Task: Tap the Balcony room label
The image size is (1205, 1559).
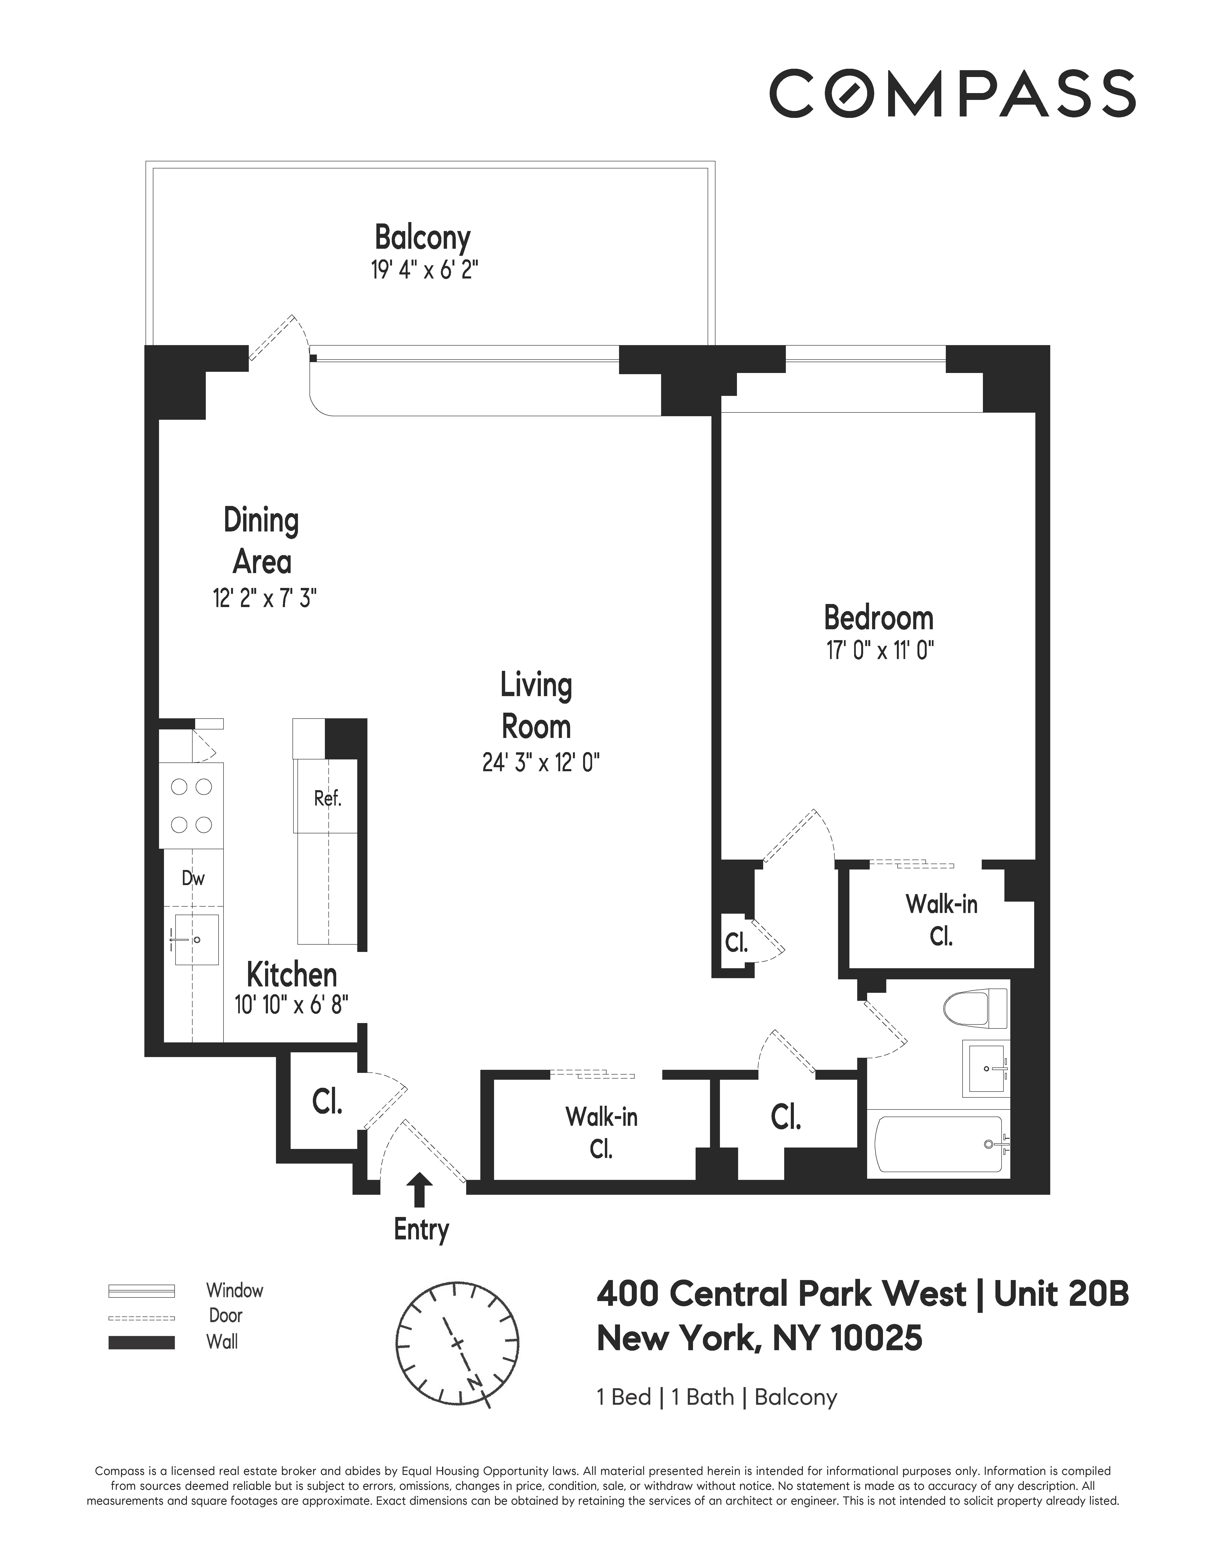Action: tap(423, 238)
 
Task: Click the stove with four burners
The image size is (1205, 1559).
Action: tap(191, 805)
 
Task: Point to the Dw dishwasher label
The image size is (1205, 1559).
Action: tap(193, 878)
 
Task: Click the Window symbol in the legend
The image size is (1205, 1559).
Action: tap(141, 1291)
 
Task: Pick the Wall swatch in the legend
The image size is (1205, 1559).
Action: tap(141, 1342)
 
